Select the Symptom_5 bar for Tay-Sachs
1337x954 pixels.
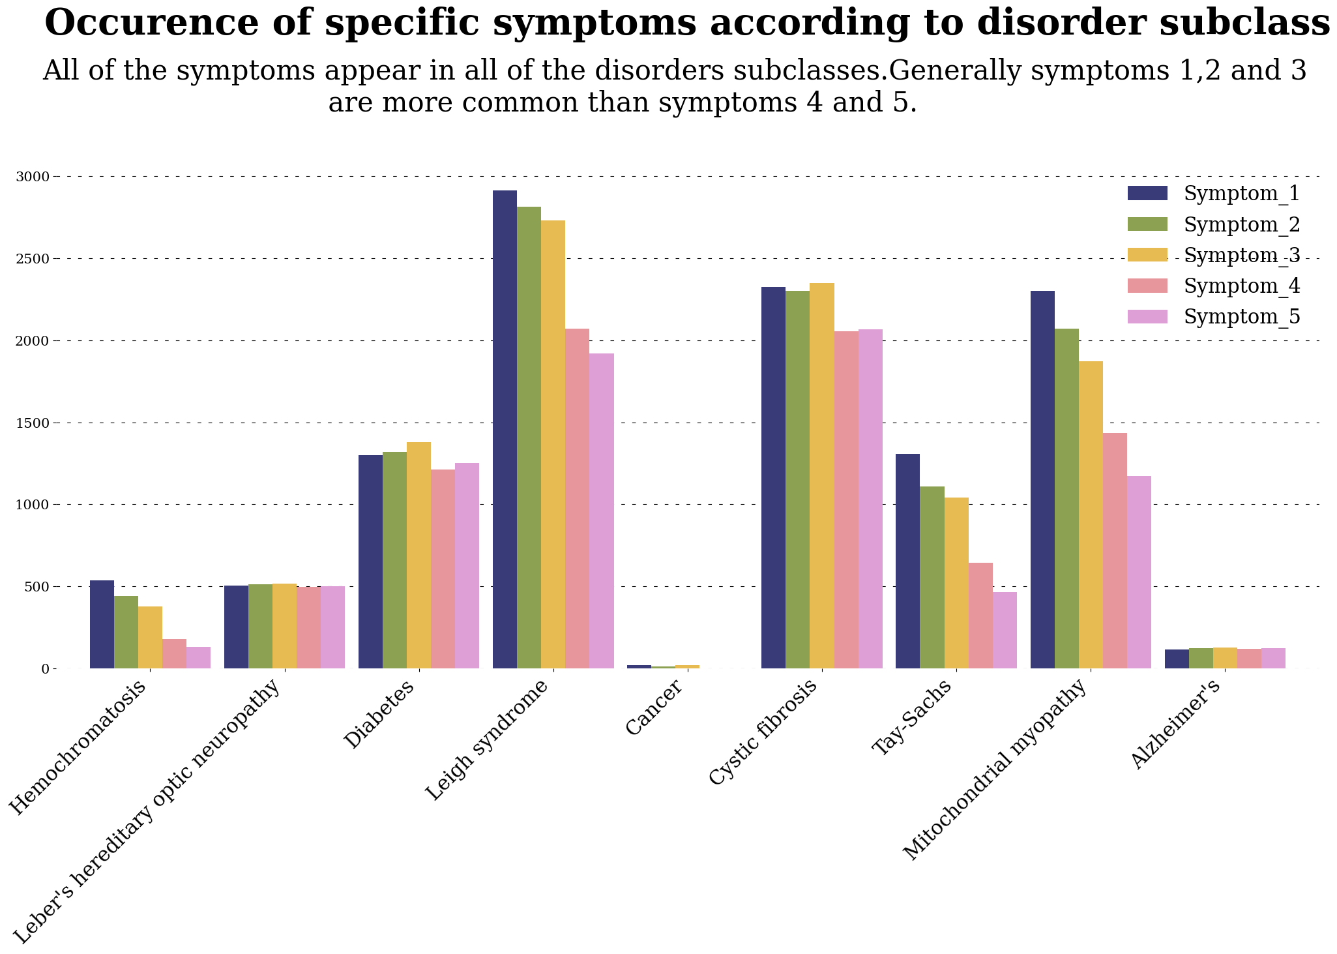point(1005,630)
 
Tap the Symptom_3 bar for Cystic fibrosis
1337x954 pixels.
point(822,475)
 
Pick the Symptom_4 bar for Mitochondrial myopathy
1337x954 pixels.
point(1115,550)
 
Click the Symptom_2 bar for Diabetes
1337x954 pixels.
point(394,560)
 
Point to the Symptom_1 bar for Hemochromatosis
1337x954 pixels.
point(102,624)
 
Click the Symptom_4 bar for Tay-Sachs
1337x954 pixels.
point(980,615)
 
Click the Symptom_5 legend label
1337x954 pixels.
point(1242,317)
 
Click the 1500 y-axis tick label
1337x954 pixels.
point(33,423)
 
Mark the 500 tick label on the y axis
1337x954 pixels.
point(37,586)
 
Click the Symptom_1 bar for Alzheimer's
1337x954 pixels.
point(1177,659)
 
